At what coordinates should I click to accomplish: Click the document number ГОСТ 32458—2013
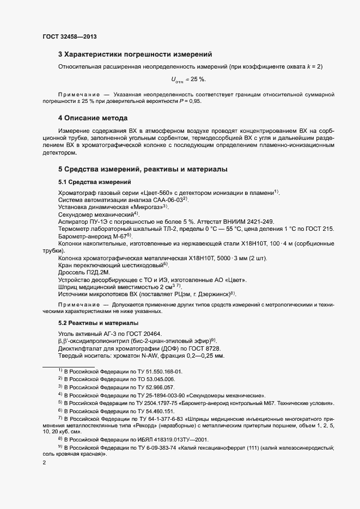(70, 36)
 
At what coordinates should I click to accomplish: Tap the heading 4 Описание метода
(93, 118)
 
